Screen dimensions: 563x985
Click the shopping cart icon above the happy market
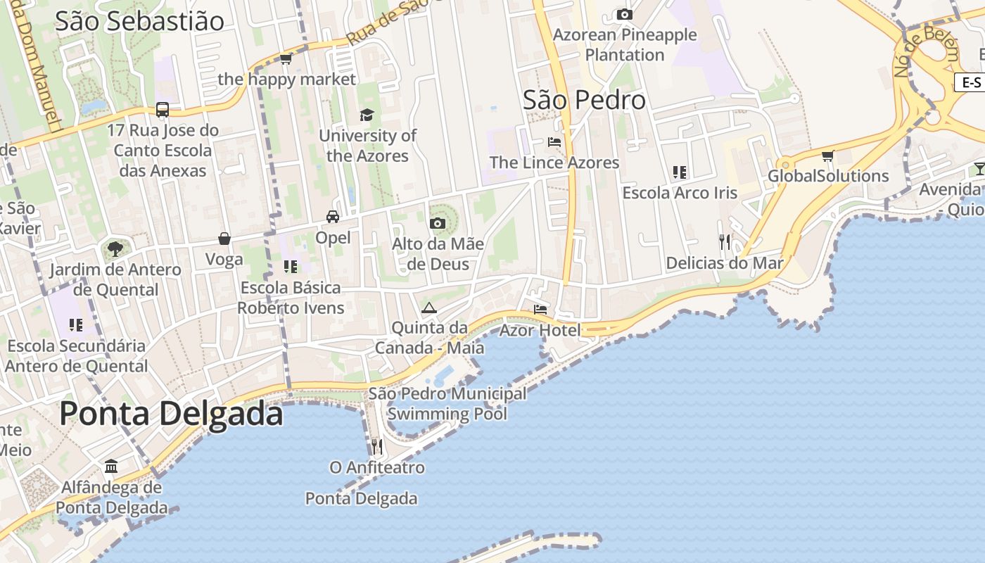(x=286, y=58)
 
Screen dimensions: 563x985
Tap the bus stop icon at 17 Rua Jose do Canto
(x=163, y=110)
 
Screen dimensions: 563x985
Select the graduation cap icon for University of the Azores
(x=367, y=115)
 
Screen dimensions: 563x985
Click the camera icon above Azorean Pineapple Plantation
(x=624, y=14)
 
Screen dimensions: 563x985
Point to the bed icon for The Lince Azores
(x=554, y=141)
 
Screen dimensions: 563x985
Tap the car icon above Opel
(x=333, y=217)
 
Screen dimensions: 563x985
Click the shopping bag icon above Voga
(x=224, y=239)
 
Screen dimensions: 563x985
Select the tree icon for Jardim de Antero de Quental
(x=115, y=248)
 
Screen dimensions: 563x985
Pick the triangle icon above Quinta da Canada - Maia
(x=429, y=308)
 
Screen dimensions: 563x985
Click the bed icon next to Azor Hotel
(x=540, y=309)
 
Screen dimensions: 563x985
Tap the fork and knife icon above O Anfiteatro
(x=377, y=447)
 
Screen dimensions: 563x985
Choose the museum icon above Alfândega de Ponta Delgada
(x=111, y=467)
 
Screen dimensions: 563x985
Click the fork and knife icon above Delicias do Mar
(x=725, y=243)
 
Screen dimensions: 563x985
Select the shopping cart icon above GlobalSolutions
(x=828, y=156)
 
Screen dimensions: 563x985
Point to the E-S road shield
(x=972, y=82)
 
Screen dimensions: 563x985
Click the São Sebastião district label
(x=139, y=21)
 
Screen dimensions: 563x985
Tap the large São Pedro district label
(x=584, y=100)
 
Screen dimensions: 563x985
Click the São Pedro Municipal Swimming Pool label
(x=447, y=403)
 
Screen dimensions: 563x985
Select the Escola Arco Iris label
(x=680, y=193)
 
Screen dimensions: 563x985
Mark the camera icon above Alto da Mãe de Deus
(x=438, y=224)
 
